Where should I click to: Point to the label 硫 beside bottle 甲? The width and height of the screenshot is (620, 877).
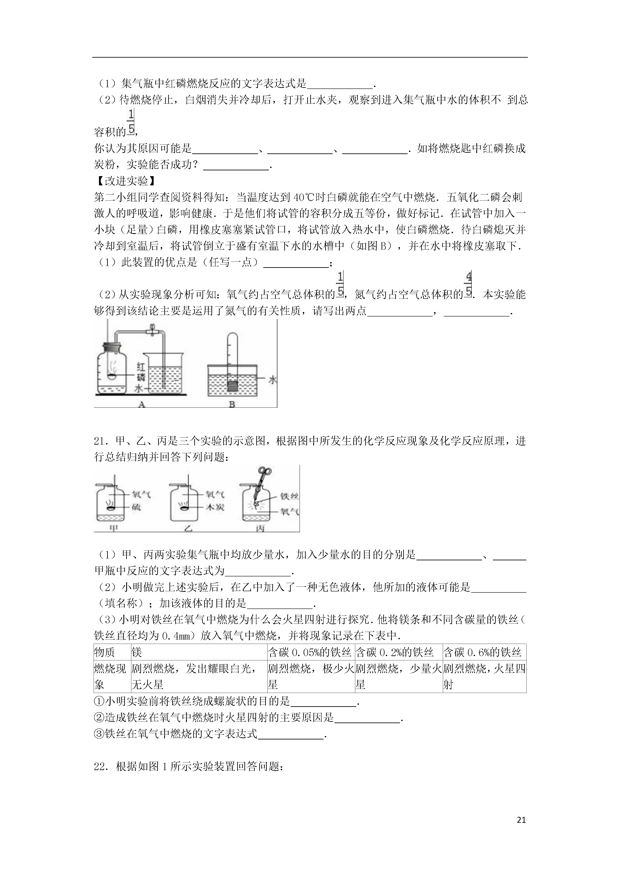tap(136, 507)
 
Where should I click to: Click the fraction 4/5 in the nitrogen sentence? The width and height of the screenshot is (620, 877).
tap(468, 283)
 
